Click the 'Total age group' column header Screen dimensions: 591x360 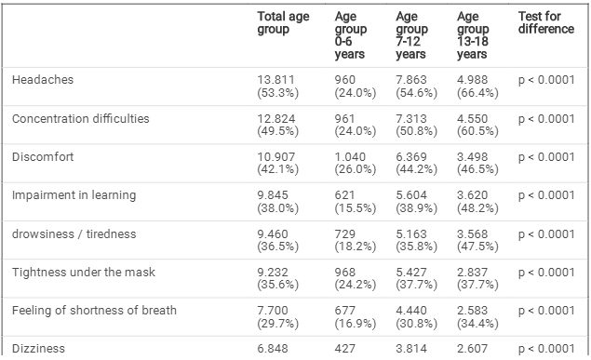[283, 22]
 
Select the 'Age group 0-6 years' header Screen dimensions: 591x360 [351, 35]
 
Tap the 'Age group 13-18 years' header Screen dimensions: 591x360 [473, 35]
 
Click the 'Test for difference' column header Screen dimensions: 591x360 [546, 22]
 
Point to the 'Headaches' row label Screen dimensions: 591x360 [43, 79]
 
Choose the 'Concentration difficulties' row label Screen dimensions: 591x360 [81, 119]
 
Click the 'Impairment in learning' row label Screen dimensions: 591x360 [74, 195]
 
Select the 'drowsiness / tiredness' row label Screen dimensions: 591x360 [74, 233]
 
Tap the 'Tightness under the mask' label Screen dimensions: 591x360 [83, 273]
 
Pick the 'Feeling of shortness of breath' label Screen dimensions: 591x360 [94, 311]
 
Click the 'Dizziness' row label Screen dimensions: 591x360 [38, 349]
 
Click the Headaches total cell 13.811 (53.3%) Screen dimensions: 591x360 [277, 87]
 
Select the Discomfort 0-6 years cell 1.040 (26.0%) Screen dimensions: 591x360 [356, 163]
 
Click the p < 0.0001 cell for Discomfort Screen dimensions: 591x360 [546, 156]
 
